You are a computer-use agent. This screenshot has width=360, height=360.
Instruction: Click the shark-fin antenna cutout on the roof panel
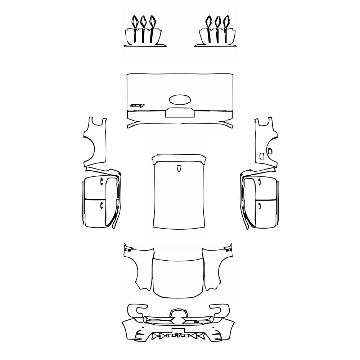tap(179, 168)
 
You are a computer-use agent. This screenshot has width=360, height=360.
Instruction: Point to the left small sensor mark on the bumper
tap(143, 328)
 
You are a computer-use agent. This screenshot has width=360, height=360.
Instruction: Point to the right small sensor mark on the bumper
tap(214, 328)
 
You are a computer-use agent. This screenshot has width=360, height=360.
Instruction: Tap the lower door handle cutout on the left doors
tap(102, 205)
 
